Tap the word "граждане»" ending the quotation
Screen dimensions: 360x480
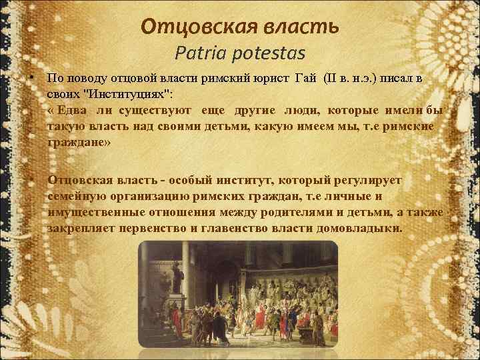(x=81, y=142)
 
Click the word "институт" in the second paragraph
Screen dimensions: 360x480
(x=250, y=181)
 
